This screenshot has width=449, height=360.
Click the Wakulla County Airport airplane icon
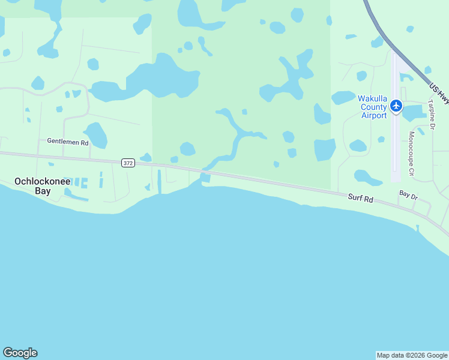point(396,106)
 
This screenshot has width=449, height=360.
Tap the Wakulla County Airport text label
point(373,107)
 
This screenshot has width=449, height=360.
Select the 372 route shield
point(127,163)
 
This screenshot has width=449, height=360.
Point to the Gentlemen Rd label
point(68,142)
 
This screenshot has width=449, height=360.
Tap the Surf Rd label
point(360,198)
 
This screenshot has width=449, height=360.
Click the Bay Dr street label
point(408,196)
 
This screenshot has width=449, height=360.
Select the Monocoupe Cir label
point(411,154)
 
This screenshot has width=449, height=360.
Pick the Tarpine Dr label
point(431,114)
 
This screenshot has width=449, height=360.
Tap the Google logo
point(20,353)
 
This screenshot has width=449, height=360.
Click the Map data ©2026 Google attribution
point(412,355)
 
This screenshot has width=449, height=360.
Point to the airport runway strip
point(395,144)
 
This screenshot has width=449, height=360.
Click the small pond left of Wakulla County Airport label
point(343,98)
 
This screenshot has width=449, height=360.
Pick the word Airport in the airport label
point(374,115)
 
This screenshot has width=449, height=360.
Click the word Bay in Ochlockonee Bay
point(42,191)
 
